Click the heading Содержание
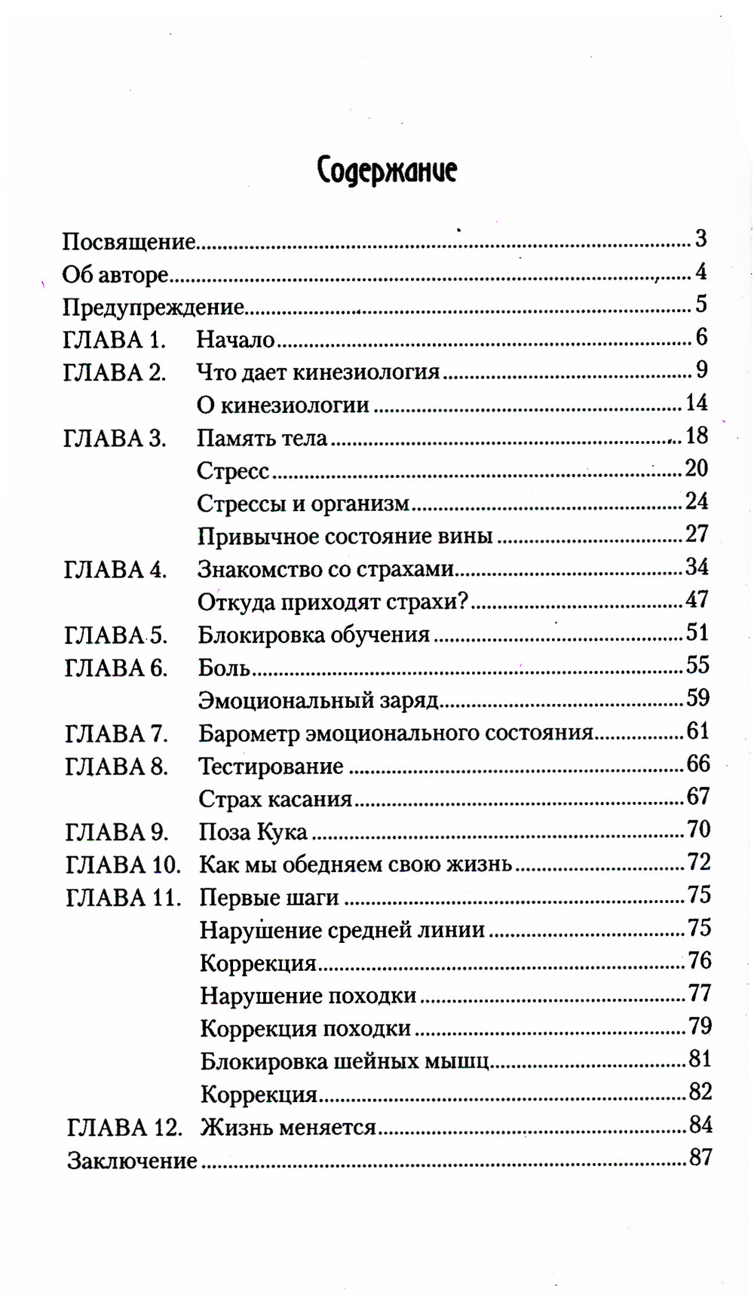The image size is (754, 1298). pos(387,170)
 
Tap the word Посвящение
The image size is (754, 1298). pos(128,241)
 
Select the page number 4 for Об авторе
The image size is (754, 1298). pos(701,271)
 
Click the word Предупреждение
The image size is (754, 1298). pos(153,307)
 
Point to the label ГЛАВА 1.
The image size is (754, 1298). pos(115,339)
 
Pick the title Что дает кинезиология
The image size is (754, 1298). pos(318,372)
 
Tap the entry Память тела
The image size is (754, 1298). pos(262,438)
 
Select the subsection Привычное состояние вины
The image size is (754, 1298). pos(345,536)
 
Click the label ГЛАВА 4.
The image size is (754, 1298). pos(115,569)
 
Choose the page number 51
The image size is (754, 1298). pos(697,632)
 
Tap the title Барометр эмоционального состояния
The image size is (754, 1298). pos(396,733)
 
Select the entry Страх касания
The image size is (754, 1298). pos(275,798)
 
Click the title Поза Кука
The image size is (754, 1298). pos(253,831)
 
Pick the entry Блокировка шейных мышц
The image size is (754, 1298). pos(345,1061)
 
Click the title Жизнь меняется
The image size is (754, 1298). pos(288,1127)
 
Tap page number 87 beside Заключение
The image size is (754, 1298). pos(700,1158)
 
